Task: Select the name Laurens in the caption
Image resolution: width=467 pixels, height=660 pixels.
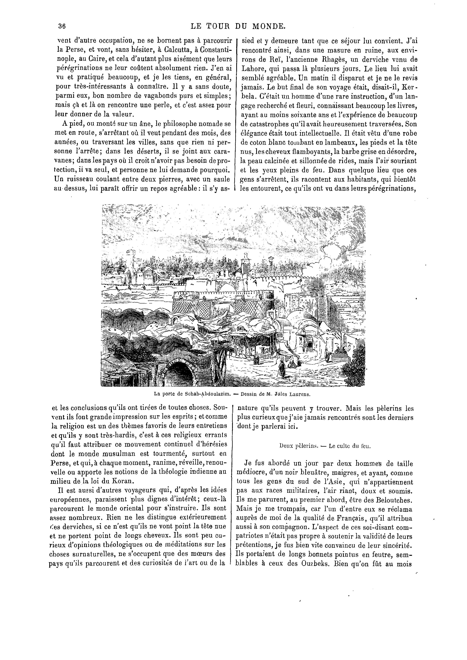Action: [x=300, y=394]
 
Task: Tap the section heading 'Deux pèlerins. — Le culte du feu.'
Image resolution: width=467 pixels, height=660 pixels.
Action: [x=325, y=446]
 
